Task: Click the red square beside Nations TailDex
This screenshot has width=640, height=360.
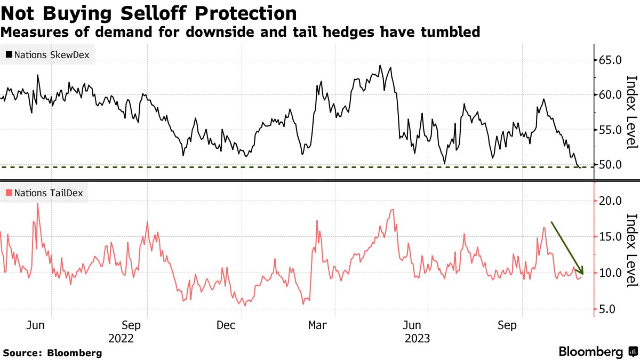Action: coord(9,193)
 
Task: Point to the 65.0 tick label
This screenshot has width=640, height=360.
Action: coord(610,60)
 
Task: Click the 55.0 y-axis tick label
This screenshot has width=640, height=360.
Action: coord(610,130)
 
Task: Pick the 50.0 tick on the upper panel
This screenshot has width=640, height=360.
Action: coord(610,164)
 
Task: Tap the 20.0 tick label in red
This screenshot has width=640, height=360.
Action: coord(610,201)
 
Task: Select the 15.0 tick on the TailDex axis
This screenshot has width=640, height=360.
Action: coord(610,237)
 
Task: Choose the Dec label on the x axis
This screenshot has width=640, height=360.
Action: coord(226,325)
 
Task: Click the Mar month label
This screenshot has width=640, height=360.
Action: coord(318,325)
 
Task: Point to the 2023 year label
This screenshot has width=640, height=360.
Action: coord(418,338)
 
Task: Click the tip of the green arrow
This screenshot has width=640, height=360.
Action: coord(582,274)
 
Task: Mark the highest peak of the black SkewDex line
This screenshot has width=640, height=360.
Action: coord(380,66)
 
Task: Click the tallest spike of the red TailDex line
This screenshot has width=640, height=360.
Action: coord(37,204)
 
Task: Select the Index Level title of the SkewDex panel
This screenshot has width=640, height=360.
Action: coord(631,111)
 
